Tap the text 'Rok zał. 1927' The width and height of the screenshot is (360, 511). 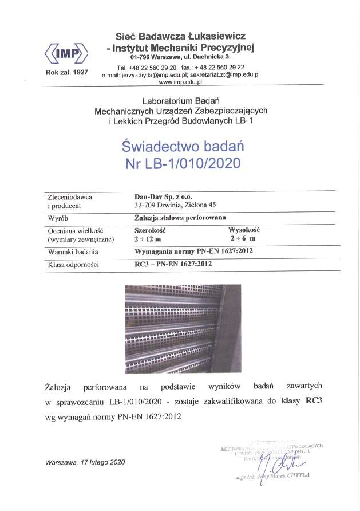(x=66, y=72)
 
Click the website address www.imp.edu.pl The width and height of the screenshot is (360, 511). (x=181, y=82)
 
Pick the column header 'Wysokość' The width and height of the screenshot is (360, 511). (x=244, y=229)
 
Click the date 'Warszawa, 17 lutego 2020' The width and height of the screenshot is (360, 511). (x=85, y=462)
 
